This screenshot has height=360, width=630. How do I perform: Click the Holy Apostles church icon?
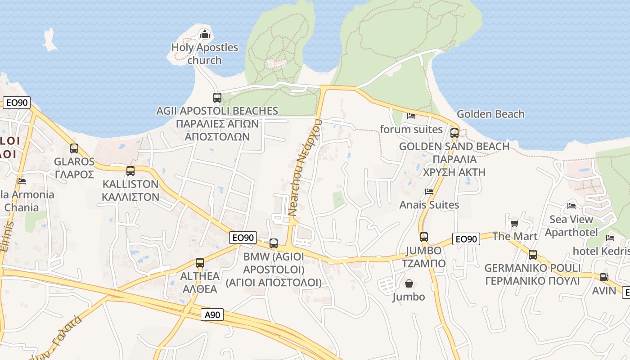coord(205,34)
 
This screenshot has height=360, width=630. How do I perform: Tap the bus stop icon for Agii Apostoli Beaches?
coord(217,97)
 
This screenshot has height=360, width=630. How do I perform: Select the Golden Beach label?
coord(490,114)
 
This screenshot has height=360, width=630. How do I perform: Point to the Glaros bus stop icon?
coord(74,148)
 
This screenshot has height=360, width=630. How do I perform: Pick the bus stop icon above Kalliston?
coord(130,171)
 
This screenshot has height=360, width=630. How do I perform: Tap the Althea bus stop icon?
coord(200,262)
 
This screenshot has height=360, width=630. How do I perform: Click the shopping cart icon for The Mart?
coord(515,223)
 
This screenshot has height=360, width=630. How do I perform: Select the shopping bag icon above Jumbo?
coord(409,283)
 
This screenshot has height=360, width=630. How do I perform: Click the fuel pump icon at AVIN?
coord(604,277)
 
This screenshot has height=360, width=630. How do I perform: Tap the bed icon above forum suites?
coord(411,116)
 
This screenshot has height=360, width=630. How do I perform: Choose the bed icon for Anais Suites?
coord(429,192)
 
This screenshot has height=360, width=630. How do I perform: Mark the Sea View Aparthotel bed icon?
coord(571,206)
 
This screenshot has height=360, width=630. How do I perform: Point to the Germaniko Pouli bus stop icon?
coord(533,254)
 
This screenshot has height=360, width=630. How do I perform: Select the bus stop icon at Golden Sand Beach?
coord(454,133)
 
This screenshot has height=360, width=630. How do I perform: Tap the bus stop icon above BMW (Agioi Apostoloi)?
coord(274,243)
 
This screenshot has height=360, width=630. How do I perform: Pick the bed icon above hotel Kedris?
coord(610,238)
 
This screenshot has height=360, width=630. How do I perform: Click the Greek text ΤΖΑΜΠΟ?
coord(423,263)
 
